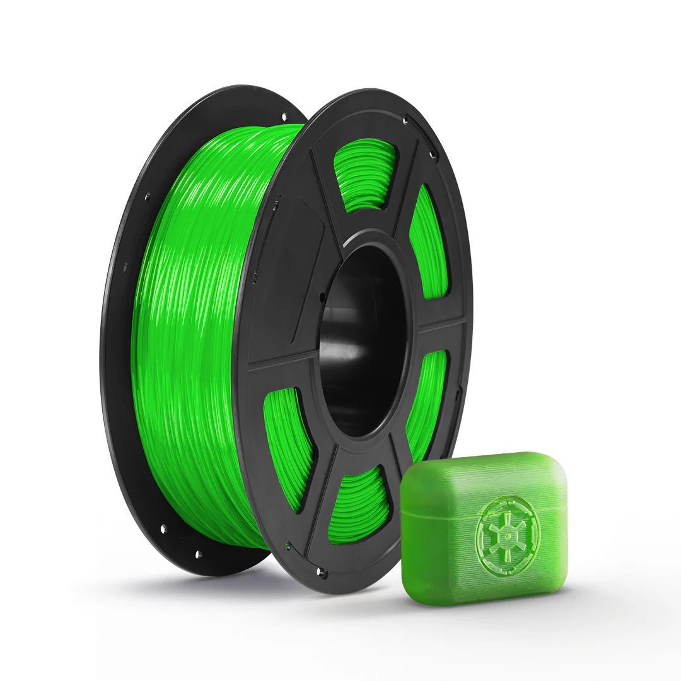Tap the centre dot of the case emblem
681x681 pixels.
pos(503,538)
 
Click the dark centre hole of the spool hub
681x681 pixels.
pos(363,340)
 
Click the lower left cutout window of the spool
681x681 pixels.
pos(287,441)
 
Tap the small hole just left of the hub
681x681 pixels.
pos(322,295)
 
